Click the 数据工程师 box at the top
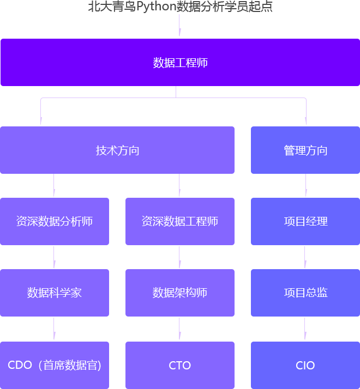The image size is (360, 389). tap(180, 63)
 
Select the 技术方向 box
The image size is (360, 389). tap(117, 150)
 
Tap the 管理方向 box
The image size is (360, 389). tap(305, 150)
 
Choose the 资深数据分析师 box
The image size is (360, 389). tap(55, 221)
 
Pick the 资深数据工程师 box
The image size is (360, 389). tap(180, 221)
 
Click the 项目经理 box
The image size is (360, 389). tap(305, 221)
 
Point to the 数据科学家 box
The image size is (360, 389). tap(55, 293)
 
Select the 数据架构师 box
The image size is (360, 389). tap(180, 293)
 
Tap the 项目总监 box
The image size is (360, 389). tap(305, 293)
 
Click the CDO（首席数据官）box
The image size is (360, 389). tap(55, 365)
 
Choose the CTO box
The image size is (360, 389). tap(180, 365)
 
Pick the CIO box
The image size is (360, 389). tap(305, 365)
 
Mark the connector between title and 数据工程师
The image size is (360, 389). tap(180, 26)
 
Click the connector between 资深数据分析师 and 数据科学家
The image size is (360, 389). tap(55, 257)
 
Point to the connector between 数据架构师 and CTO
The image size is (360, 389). tap(180, 329)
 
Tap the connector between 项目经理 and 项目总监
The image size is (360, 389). tap(305, 257)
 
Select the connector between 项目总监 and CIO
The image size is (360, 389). tap(305, 329)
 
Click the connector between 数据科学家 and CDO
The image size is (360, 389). tap(55, 329)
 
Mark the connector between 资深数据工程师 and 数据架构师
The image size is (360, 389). tap(180, 257)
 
